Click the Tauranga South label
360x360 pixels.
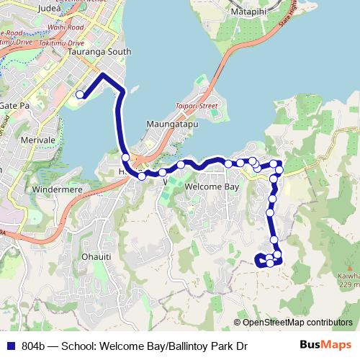click(x=99, y=53)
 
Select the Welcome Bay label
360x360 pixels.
click(x=212, y=186)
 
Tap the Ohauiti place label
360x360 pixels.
click(x=96, y=256)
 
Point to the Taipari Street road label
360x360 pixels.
click(x=197, y=106)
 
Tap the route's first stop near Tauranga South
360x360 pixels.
click(x=80, y=94)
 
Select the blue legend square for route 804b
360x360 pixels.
click(x=12, y=346)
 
